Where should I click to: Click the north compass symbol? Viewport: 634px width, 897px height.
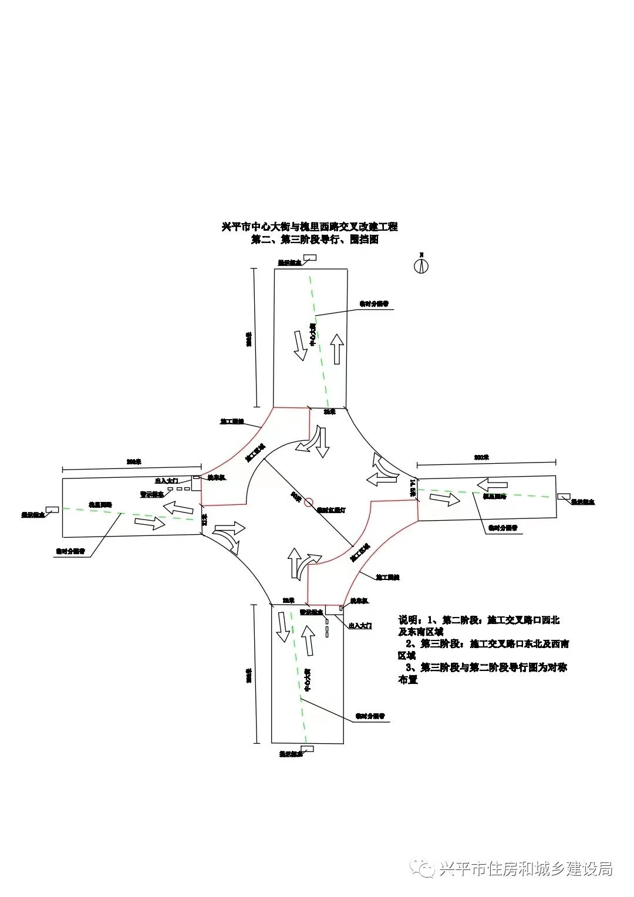[421, 265]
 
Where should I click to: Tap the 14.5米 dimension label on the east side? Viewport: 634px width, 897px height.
[413, 488]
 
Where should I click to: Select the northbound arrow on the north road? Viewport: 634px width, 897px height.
[338, 348]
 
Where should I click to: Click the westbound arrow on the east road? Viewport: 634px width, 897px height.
[491, 485]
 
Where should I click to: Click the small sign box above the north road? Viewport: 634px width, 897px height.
[309, 257]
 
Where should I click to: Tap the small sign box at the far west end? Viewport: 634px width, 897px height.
[52, 509]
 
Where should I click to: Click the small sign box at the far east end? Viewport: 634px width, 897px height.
[564, 497]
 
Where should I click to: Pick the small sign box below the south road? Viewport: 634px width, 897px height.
[306, 748]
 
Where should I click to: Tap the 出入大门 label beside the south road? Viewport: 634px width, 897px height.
[360, 626]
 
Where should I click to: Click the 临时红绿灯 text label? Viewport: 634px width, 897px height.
[331, 510]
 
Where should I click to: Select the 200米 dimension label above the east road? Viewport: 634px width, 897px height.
[481, 457]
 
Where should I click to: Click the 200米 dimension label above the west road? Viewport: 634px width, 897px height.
[134, 462]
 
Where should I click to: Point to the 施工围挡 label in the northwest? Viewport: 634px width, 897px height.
[232, 421]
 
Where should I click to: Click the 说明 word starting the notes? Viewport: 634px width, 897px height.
[409, 620]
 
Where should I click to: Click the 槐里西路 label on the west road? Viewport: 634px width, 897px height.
[100, 504]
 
